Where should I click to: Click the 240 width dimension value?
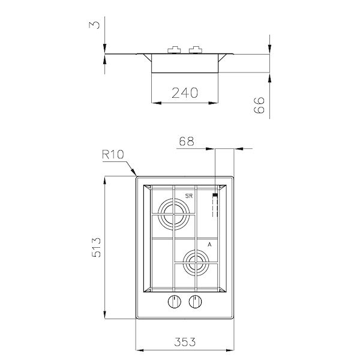(185, 92)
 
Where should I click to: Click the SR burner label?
(188, 196)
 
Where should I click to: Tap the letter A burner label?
(209, 245)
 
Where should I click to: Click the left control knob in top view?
(174, 302)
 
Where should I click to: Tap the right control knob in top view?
(194, 302)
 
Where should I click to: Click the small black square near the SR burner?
(214, 196)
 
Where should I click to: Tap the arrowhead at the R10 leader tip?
(136, 175)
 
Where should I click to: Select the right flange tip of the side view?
(268, 55)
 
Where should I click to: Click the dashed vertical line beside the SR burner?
(214, 210)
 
